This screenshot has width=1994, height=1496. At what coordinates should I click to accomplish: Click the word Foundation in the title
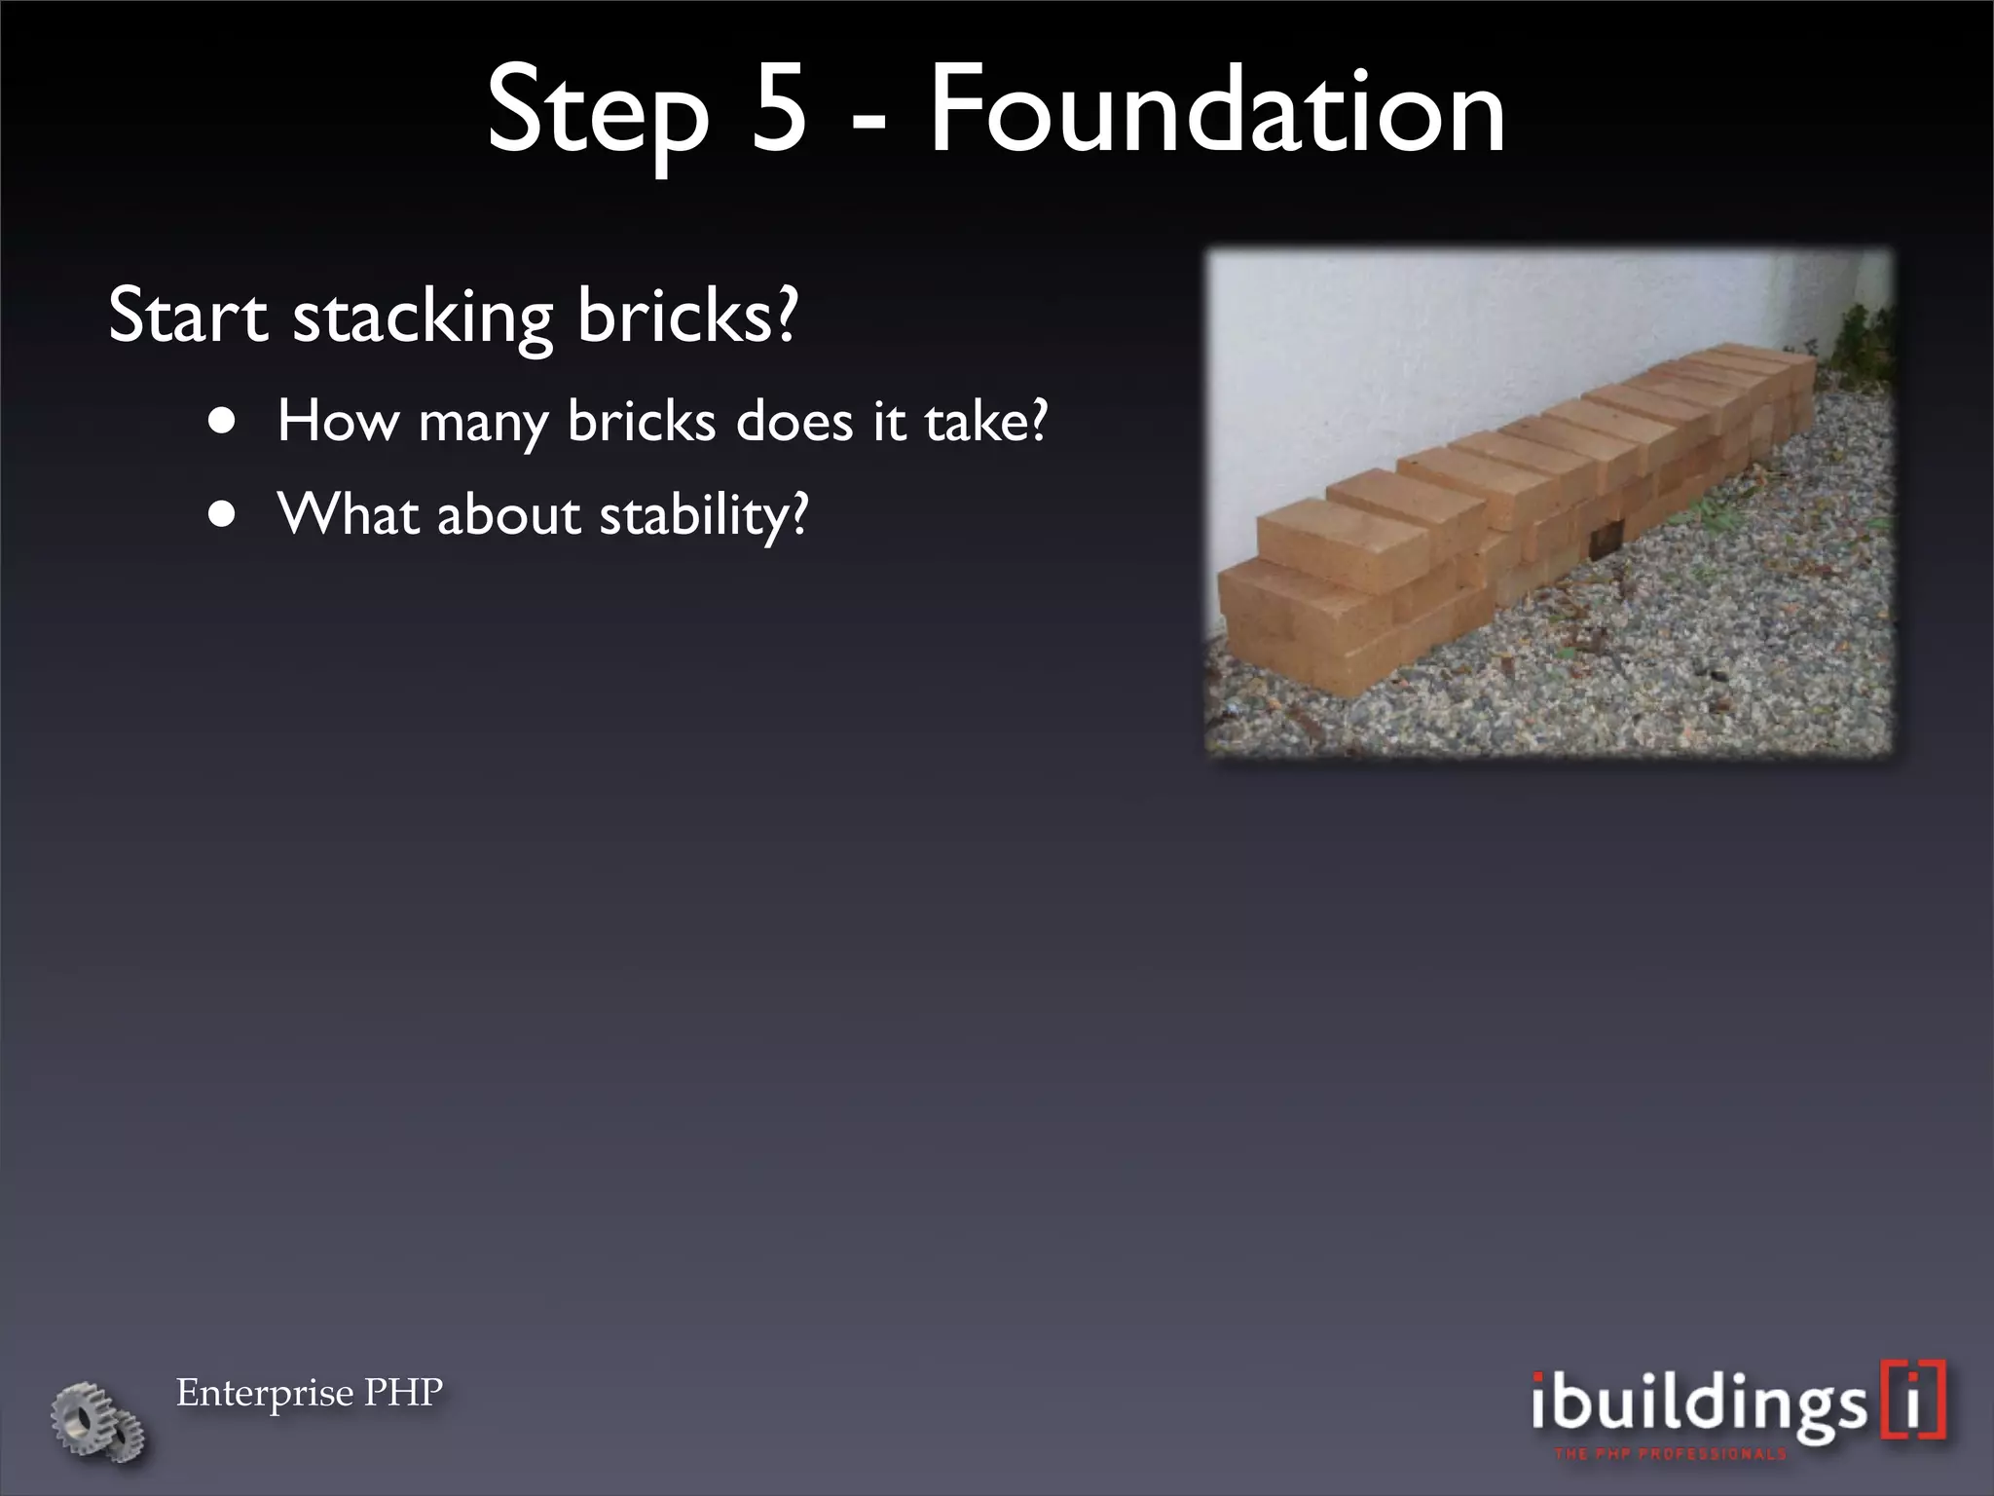click(1217, 109)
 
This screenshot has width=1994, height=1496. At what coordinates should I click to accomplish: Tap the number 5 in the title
click(778, 109)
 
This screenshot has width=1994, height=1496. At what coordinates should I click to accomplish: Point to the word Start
click(187, 316)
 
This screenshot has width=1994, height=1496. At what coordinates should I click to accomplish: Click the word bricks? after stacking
click(686, 316)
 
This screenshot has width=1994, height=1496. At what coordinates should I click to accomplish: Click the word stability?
click(703, 516)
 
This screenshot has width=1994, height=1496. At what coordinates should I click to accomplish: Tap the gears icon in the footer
click(98, 1421)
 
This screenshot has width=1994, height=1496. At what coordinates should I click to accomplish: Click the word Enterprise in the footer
click(264, 1394)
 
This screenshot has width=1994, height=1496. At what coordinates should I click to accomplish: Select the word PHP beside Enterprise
click(403, 1393)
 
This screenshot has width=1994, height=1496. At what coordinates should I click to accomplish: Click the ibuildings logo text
click(1694, 1403)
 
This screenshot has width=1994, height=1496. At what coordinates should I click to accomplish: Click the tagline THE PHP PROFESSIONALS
click(1671, 1454)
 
